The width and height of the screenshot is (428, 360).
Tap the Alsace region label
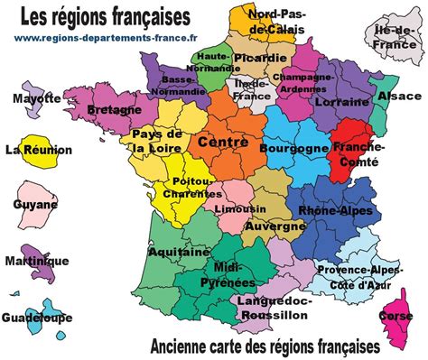point(399,95)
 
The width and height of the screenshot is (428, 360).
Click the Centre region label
point(222,142)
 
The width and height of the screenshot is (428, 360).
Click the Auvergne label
point(274,226)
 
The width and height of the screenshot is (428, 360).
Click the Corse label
point(396,317)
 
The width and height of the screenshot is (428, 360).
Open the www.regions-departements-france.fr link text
point(107,37)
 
